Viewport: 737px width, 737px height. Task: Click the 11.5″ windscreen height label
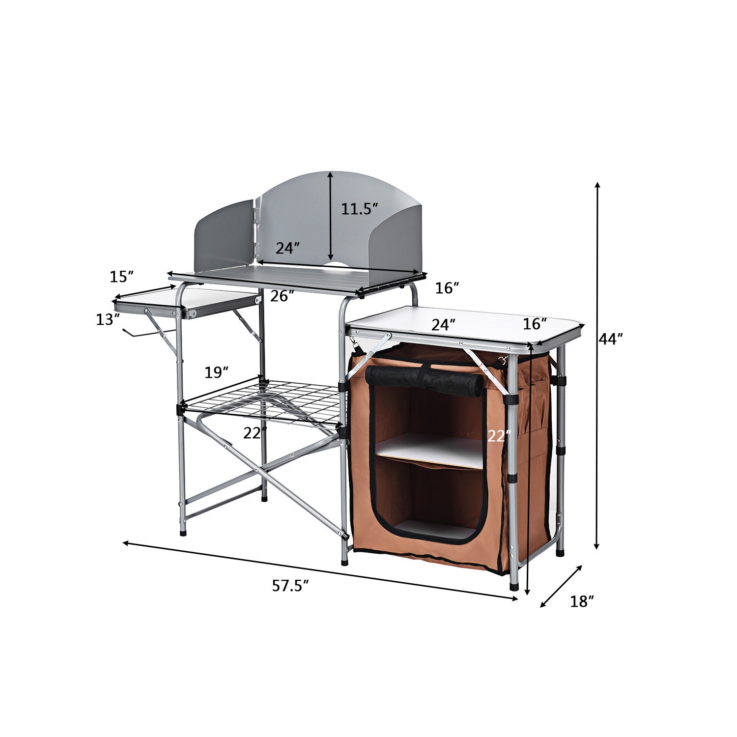(359, 209)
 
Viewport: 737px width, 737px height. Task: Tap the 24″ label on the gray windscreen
(287, 248)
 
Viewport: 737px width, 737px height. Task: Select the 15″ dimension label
(121, 277)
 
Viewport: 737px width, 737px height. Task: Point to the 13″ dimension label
(108, 319)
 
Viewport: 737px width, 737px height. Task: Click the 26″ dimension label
(282, 296)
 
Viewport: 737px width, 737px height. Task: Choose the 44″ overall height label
(611, 339)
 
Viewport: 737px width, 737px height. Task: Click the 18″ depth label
(582, 601)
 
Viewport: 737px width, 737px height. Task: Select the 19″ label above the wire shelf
(216, 372)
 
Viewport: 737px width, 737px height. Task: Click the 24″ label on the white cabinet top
(443, 325)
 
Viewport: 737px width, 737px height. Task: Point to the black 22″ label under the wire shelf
(255, 433)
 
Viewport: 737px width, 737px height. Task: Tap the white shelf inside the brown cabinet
(427, 450)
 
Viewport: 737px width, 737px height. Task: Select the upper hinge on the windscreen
(256, 214)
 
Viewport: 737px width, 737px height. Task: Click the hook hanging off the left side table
(138, 334)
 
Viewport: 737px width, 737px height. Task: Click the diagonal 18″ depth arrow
(561, 586)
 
